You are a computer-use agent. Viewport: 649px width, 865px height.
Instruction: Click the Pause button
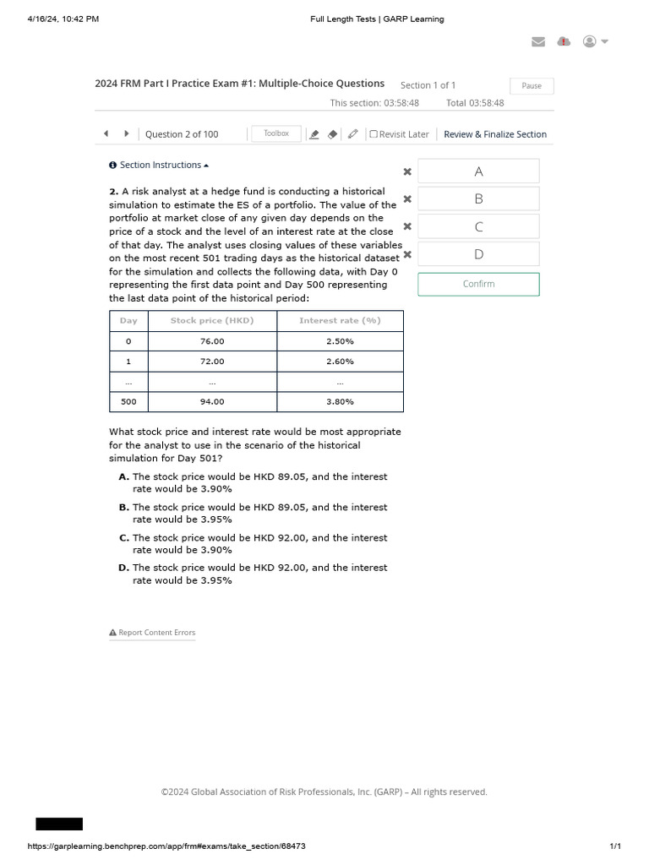[532, 86]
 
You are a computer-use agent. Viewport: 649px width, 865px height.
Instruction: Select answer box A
[478, 171]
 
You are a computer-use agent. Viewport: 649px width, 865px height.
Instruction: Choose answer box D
[478, 253]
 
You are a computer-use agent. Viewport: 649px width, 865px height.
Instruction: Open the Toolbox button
[276, 133]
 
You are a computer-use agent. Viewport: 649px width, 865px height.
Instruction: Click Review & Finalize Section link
[494, 134]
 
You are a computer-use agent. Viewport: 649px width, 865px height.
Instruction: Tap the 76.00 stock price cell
[212, 341]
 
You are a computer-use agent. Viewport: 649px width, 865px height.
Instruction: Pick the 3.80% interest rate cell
[340, 402]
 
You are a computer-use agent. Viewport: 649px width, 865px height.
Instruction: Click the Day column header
[128, 321]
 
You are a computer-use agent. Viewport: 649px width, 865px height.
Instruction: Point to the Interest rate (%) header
[340, 321]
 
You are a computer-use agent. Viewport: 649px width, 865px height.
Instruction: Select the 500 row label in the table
[128, 402]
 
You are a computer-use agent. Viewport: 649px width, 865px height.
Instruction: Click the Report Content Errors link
[152, 633]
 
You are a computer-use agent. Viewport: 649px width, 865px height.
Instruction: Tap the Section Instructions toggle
[159, 165]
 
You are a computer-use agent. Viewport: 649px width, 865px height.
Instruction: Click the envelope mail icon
[537, 42]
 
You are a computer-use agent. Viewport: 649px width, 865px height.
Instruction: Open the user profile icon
[590, 42]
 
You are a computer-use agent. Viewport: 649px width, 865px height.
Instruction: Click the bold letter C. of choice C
[124, 538]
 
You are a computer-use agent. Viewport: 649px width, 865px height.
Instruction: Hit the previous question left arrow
[106, 133]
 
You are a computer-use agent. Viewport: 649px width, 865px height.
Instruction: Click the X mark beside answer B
[407, 199]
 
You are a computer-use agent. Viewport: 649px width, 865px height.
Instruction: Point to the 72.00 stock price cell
[212, 362]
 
